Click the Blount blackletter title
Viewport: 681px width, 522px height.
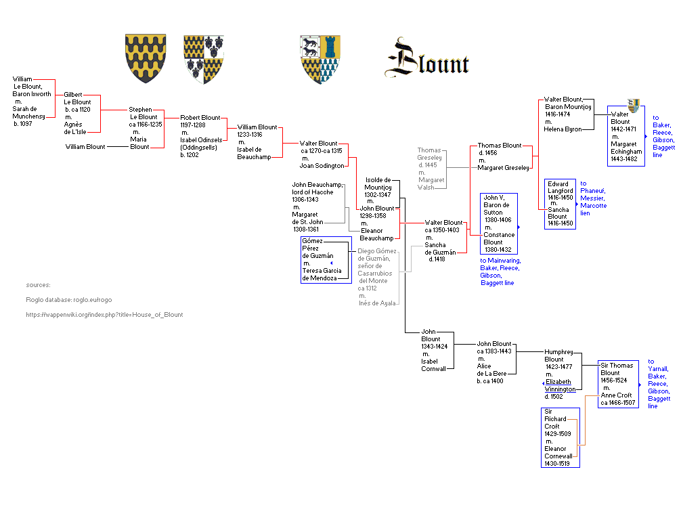coord(429,60)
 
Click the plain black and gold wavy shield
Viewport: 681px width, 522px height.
coord(146,58)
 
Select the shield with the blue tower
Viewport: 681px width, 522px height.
coord(320,59)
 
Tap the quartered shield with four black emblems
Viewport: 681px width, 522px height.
coord(204,59)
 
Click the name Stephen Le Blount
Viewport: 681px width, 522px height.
coord(143,113)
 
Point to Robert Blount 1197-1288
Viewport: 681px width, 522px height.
coord(200,121)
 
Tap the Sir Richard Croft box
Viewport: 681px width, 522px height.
coord(561,437)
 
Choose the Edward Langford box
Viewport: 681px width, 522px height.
coord(560,204)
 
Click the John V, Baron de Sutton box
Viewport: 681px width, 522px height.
coord(498,223)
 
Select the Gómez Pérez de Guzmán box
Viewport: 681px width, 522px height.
coord(318,259)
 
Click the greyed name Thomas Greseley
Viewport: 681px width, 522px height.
coord(429,154)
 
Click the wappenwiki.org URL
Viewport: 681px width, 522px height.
coord(104,315)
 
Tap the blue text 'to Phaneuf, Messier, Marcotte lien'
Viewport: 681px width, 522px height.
coord(594,198)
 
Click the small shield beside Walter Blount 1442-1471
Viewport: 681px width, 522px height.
coord(634,105)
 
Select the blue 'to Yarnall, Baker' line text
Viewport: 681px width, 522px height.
coord(658,384)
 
